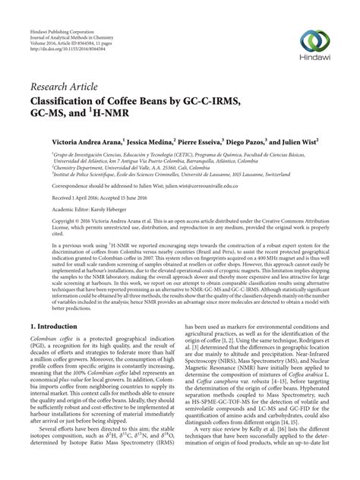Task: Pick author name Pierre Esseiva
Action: (x=226, y=142)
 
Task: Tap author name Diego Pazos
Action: (x=278, y=142)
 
